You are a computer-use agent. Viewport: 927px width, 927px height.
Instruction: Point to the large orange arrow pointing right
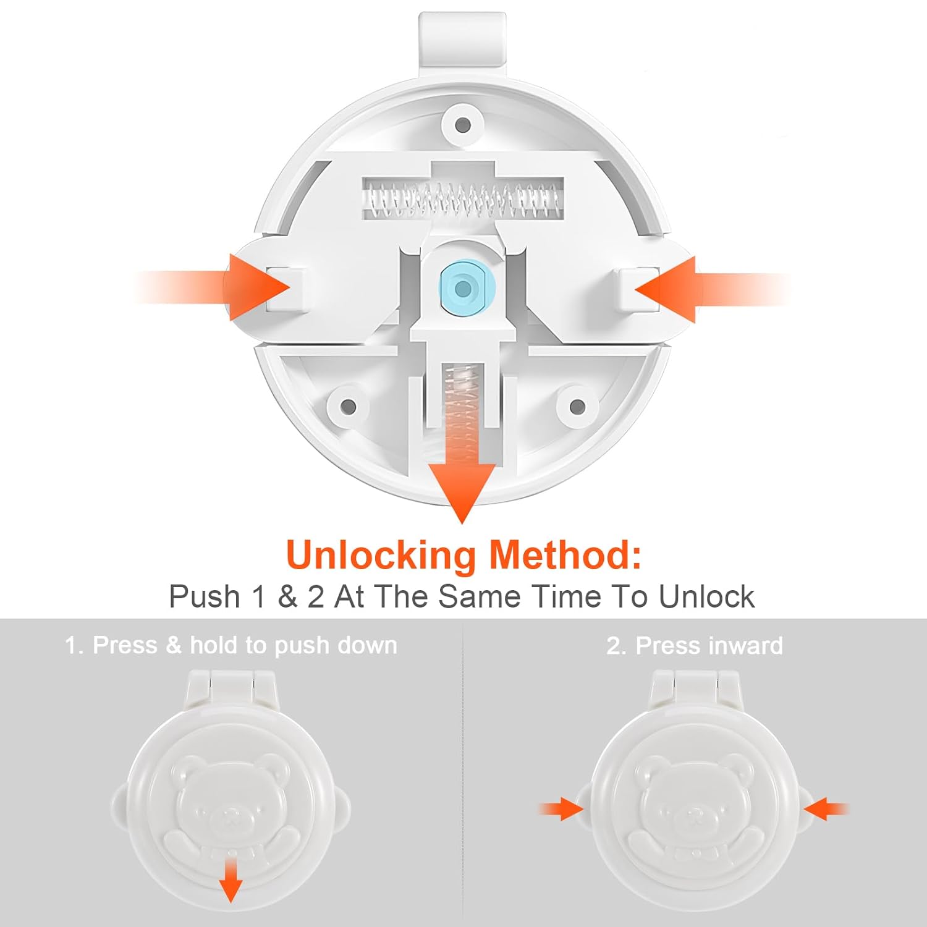click(x=213, y=287)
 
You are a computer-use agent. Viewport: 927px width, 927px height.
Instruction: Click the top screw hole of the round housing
click(x=462, y=125)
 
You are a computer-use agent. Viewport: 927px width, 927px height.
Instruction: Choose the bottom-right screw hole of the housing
click(x=577, y=406)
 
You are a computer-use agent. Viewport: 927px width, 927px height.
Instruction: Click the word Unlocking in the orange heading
click(x=381, y=556)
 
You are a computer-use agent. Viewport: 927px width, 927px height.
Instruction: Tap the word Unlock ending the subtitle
click(x=706, y=597)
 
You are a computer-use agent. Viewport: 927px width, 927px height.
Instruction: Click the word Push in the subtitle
click(x=205, y=597)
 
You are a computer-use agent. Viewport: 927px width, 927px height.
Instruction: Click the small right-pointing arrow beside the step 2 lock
click(x=561, y=808)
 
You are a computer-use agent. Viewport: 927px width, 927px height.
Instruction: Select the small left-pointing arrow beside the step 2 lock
click(x=826, y=808)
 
